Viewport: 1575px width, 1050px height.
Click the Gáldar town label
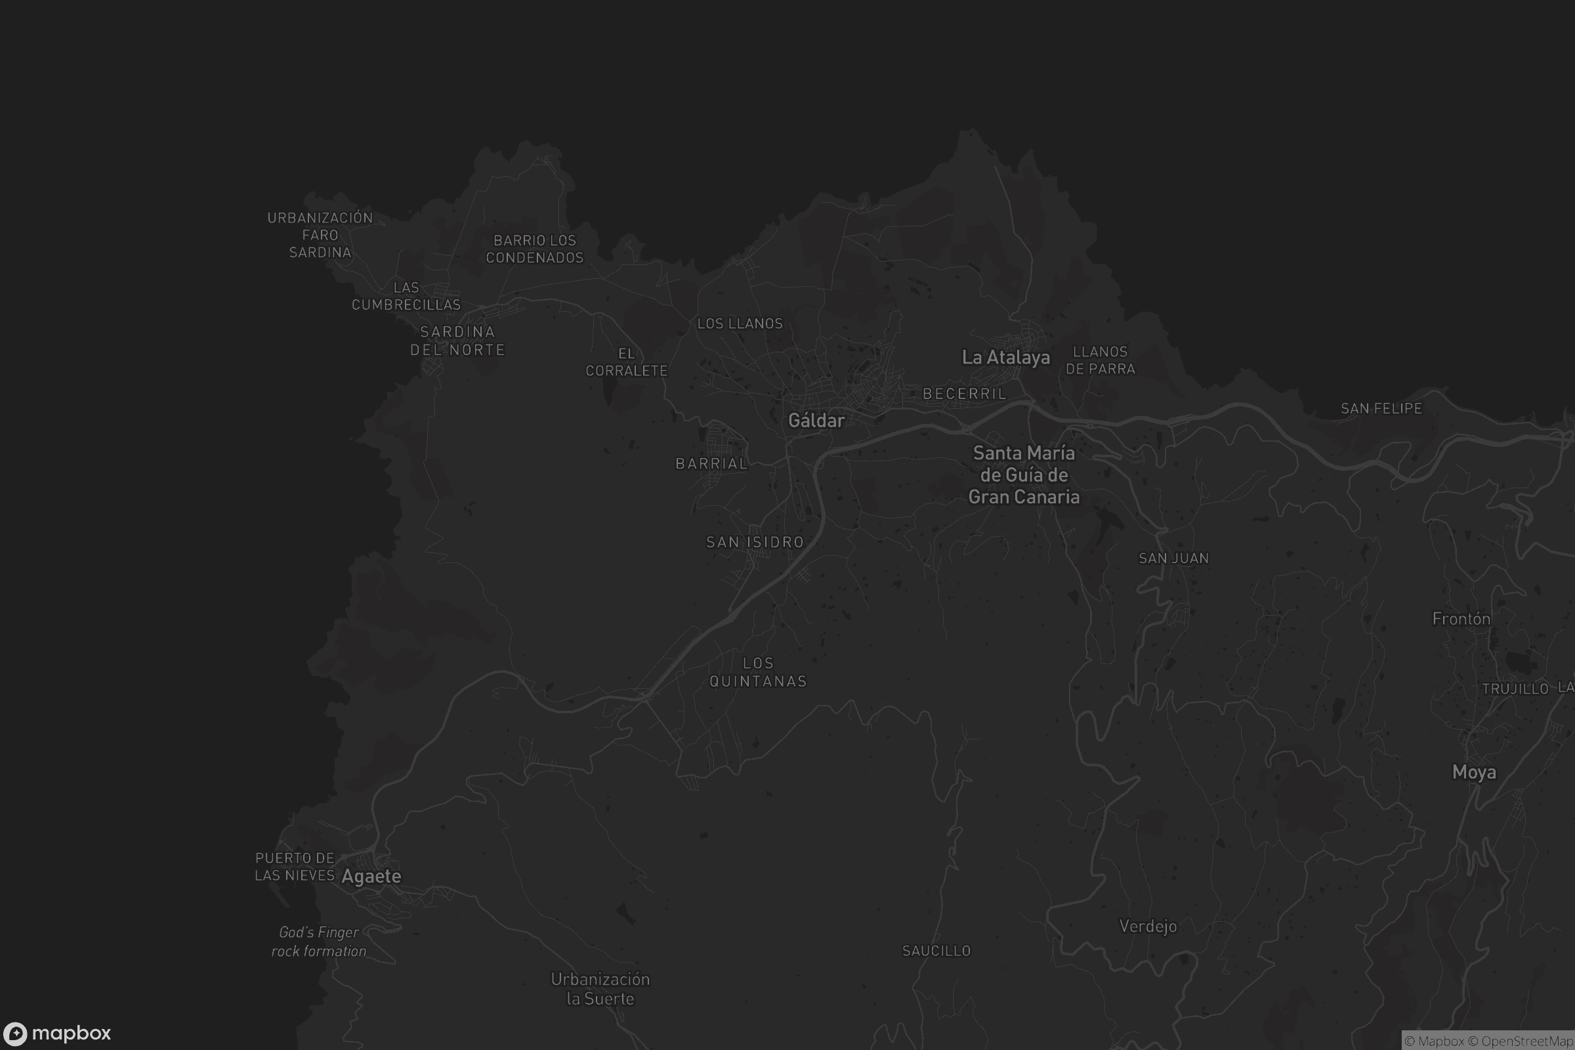(816, 421)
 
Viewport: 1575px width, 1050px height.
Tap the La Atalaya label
(1006, 358)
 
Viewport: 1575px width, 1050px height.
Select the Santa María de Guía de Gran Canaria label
(1024, 474)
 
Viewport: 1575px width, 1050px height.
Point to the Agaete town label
(371, 877)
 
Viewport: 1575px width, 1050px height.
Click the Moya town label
(1474, 773)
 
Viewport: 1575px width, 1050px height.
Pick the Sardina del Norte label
(457, 341)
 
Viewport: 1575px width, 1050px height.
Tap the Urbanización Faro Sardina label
(320, 235)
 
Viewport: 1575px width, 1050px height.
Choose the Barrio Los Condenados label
(534, 249)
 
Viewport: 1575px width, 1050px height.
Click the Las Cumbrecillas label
(406, 296)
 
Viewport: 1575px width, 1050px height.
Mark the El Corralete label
(627, 362)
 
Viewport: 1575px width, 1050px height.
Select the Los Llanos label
(740, 324)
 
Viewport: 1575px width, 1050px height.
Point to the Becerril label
(964, 394)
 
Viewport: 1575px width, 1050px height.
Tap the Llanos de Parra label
(1101, 360)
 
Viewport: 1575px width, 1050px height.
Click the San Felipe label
(1381, 408)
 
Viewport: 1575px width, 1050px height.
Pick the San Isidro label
(755, 543)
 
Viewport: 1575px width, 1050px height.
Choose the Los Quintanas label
(758, 672)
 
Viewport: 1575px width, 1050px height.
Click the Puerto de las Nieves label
(295, 867)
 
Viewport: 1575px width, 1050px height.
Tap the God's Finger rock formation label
(319, 942)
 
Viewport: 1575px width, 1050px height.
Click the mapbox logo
(56, 1033)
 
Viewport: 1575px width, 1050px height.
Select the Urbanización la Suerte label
(600, 989)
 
